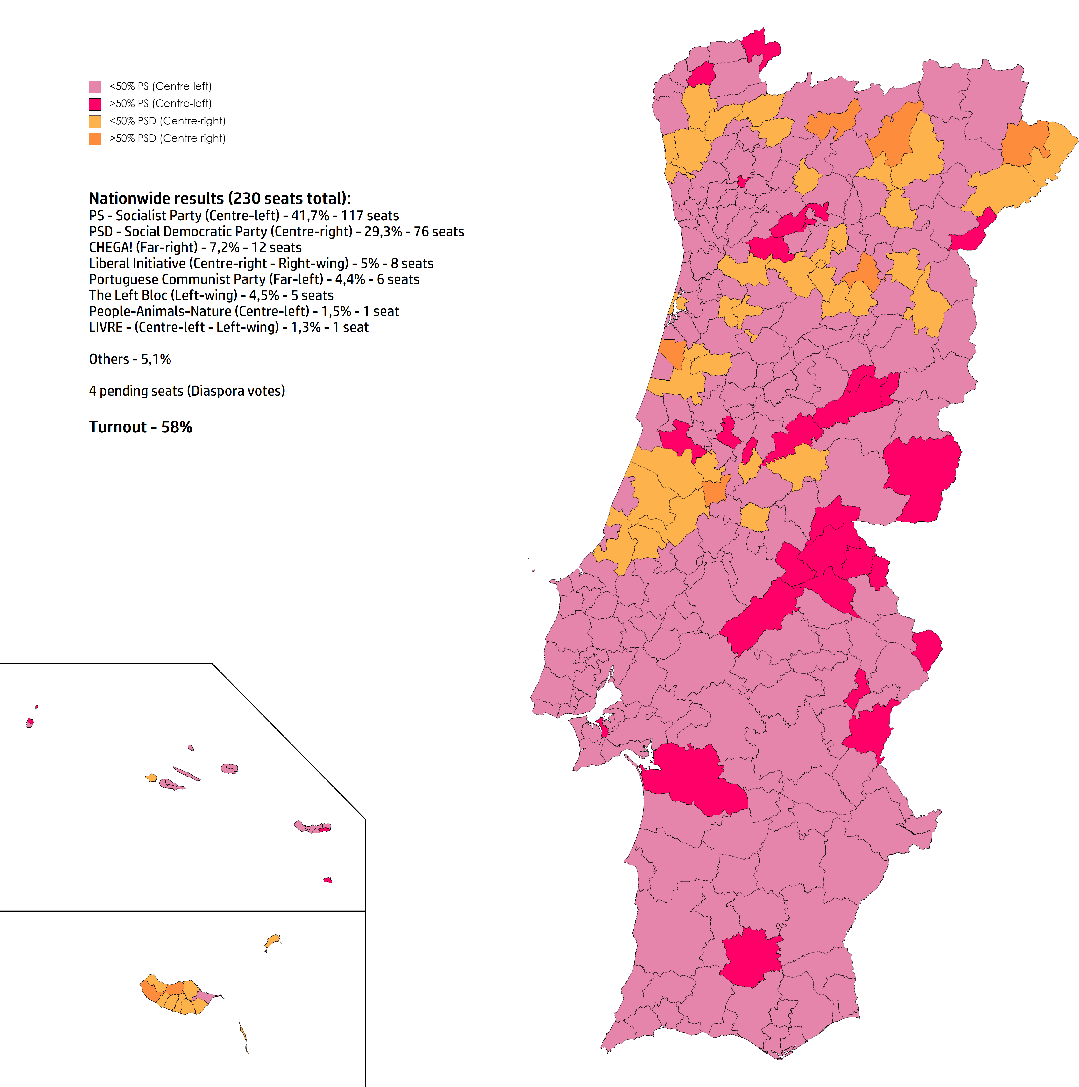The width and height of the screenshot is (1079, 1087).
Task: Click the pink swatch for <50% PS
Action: tap(95, 87)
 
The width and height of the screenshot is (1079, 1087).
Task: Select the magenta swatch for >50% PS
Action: tap(95, 104)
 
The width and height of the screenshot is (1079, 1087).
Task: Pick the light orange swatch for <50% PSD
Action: tap(95, 122)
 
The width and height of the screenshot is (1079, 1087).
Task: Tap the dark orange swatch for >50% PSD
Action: tap(95, 139)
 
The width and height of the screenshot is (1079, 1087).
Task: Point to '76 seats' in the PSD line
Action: tap(439, 232)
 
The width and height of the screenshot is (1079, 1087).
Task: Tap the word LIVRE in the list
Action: tap(105, 328)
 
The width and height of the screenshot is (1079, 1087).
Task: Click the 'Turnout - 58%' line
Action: tap(141, 427)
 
